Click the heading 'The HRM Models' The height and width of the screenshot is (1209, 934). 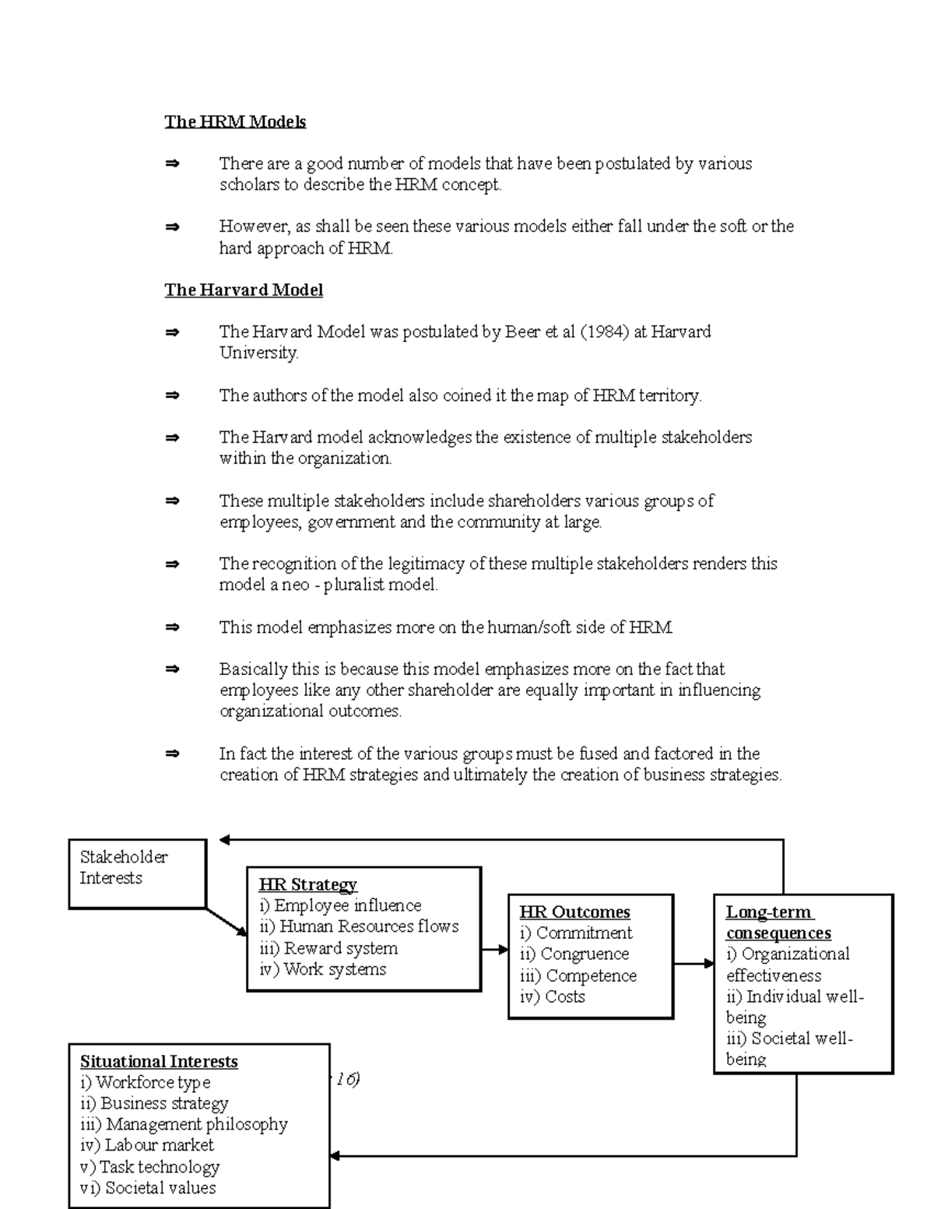click(x=235, y=121)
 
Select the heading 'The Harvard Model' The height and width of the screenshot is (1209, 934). click(x=244, y=290)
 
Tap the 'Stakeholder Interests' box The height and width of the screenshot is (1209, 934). click(x=137, y=873)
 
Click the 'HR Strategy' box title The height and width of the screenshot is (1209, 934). click(x=307, y=884)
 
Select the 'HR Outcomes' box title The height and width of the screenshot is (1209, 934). click(x=574, y=912)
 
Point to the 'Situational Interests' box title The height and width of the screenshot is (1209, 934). click(x=159, y=1061)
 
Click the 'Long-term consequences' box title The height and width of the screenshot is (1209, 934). click(x=778, y=923)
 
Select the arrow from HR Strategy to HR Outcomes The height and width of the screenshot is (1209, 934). click(x=494, y=949)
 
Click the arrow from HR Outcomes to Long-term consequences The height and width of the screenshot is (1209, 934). click(x=693, y=964)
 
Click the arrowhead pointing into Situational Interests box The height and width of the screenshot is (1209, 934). click(x=336, y=1156)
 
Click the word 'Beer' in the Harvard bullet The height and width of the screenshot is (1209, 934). click(x=521, y=332)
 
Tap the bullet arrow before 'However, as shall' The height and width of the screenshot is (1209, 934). click(x=172, y=227)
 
